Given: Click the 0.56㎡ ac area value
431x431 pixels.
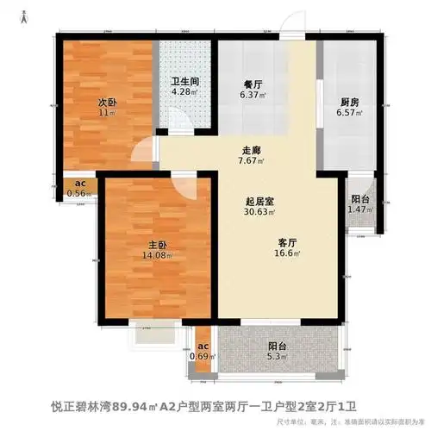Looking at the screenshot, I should tap(78, 194).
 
